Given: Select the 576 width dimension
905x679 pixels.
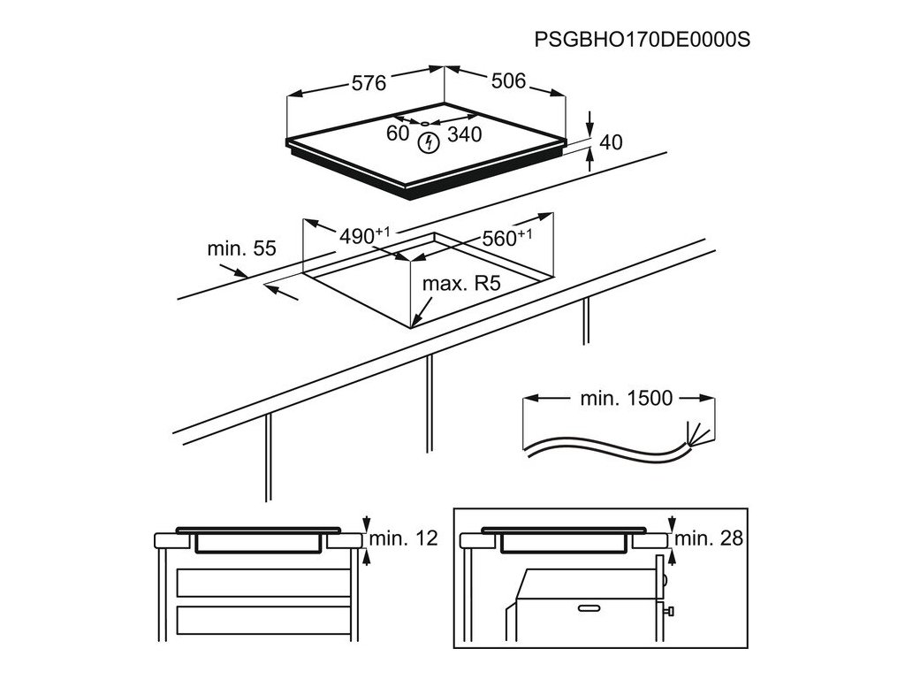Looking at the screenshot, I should coord(369,83).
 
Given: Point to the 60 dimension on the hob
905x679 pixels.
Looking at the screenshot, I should coord(398,134).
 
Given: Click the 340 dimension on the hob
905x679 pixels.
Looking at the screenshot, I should coord(463,134).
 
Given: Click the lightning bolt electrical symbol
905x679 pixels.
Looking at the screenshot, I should coord(429,141).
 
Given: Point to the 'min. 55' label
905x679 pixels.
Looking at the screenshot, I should coord(241,249).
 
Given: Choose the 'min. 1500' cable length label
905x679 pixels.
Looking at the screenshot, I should coord(626,398).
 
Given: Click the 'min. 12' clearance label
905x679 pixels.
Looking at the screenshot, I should coord(404,538).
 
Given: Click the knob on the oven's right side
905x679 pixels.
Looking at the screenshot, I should coord(671,609).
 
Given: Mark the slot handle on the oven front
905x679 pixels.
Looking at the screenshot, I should coord(590,607).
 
